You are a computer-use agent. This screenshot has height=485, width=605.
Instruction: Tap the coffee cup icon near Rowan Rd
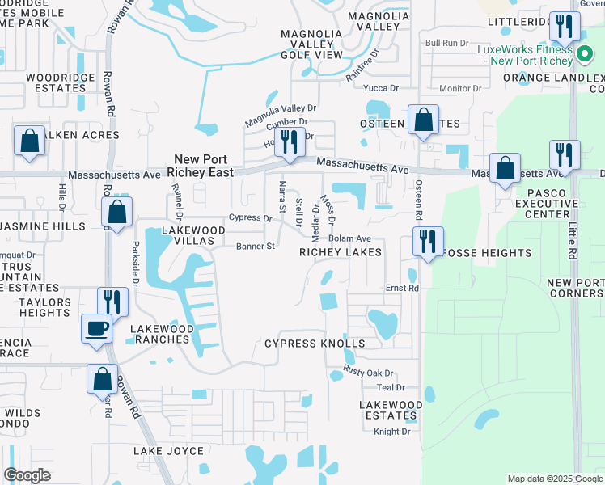pyautogui.click(x=97, y=329)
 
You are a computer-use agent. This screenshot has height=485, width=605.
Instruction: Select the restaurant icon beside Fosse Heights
pyautogui.click(x=427, y=240)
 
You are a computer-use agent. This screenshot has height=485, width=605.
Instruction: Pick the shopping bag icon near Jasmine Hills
pyautogui.click(x=117, y=213)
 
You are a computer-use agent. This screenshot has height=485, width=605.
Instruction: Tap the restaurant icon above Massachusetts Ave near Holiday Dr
pyautogui.click(x=289, y=142)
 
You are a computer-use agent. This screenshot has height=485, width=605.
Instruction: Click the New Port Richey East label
pyautogui.click(x=200, y=166)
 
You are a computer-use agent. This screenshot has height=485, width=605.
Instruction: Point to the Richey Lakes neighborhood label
pyautogui.click(x=340, y=253)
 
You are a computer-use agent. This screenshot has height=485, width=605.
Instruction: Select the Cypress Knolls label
pyautogui.click(x=315, y=344)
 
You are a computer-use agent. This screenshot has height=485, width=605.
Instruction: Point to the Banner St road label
pyautogui.click(x=256, y=247)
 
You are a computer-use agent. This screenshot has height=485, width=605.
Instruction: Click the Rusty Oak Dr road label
pyautogui.click(x=367, y=373)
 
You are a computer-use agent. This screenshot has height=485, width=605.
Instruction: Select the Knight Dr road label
pyautogui.click(x=392, y=432)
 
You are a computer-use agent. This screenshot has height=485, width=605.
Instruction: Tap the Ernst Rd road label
pyautogui.click(x=401, y=288)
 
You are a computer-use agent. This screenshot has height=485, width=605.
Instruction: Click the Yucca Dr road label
pyautogui.click(x=382, y=88)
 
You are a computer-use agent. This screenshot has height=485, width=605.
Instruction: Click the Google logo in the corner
pyautogui.click(x=27, y=475)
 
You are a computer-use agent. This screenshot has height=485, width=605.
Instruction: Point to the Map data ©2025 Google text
pyautogui.click(x=554, y=479)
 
